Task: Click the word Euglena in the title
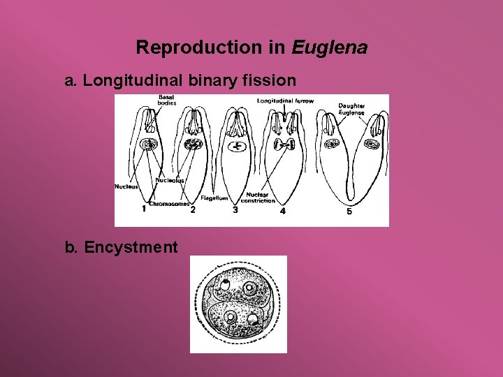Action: pyautogui.click(x=330, y=48)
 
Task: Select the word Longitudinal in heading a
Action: pyautogui.click(x=132, y=81)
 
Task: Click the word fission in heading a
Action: pyautogui.click(x=269, y=81)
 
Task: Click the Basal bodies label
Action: pyautogui.click(x=167, y=100)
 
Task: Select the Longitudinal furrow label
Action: pyautogui.click(x=286, y=101)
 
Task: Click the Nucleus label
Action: pyautogui.click(x=126, y=186)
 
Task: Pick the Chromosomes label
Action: pyautogui.click(x=168, y=204)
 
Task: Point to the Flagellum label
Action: pyautogui.click(x=214, y=198)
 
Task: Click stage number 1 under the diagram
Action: pyautogui.click(x=144, y=208)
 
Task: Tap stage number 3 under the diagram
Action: pyautogui.click(x=235, y=209)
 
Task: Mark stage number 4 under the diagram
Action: pyautogui.click(x=282, y=211)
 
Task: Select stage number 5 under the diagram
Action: pyautogui.click(x=349, y=212)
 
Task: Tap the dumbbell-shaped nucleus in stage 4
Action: pyautogui.click(x=286, y=145)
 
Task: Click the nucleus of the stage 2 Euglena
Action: pyautogui.click(x=193, y=145)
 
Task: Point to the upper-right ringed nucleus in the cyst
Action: pyautogui.click(x=248, y=288)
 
